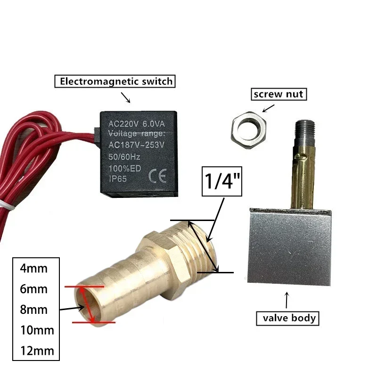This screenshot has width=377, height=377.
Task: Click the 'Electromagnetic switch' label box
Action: [115, 81]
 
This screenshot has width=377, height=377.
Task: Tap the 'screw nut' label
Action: [279, 94]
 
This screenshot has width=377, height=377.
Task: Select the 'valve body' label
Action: [287, 319]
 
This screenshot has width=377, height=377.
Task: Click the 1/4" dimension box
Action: [221, 181]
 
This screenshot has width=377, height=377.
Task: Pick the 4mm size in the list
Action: [33, 269]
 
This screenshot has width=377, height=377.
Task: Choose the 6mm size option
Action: [33, 289]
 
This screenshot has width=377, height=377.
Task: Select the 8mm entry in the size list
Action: [33, 310]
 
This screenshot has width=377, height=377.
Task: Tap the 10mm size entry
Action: [37, 330]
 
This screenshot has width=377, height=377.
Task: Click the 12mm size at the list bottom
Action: [37, 351]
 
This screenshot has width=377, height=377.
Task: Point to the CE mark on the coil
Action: [157, 176]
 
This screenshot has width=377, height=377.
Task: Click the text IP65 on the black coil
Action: [117, 179]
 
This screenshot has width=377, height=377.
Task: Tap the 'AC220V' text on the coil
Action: [123, 124]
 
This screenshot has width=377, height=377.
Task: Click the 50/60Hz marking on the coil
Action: [124, 157]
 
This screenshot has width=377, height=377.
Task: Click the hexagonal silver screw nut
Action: [249, 130]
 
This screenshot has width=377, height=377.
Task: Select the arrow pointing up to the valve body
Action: [287, 300]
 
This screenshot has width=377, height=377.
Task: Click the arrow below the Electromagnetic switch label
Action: [125, 98]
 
